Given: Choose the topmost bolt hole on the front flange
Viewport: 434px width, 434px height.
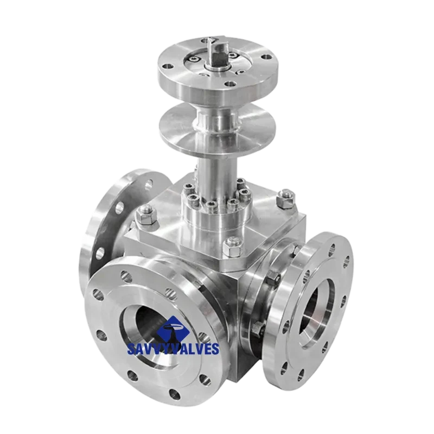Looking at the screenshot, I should click(125, 276).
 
